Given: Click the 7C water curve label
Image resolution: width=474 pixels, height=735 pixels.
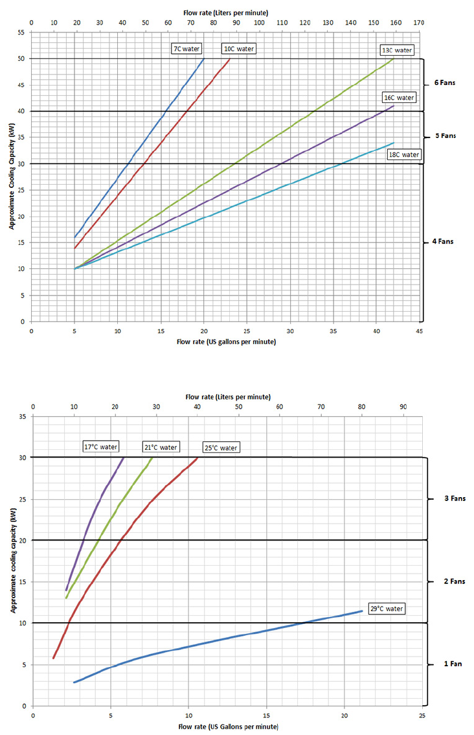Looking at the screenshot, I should pos(186,49).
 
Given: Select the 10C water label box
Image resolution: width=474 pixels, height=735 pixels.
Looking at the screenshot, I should pos(239,49).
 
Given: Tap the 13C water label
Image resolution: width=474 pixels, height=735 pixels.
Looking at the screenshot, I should pos(396,50).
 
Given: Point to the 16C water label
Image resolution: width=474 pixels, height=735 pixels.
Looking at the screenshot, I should pos(399,98).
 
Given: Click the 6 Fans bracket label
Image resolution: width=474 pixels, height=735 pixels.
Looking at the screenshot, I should pos(444,84).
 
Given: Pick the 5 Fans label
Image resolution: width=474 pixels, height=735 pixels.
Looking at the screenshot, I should pos(444,136).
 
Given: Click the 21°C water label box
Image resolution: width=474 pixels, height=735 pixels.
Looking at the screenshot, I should pos(160,447).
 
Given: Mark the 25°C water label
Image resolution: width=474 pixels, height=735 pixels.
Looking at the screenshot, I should pos(221,447).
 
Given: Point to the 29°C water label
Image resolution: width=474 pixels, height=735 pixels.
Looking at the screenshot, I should pos(387,609).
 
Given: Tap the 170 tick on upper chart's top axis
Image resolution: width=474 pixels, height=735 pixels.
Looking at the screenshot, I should pos(419,22).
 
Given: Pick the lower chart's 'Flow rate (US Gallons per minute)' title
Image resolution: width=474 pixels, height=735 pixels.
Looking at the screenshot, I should pos(228,727).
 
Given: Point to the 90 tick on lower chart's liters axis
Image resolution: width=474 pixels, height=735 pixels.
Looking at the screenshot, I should pos(403,406).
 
